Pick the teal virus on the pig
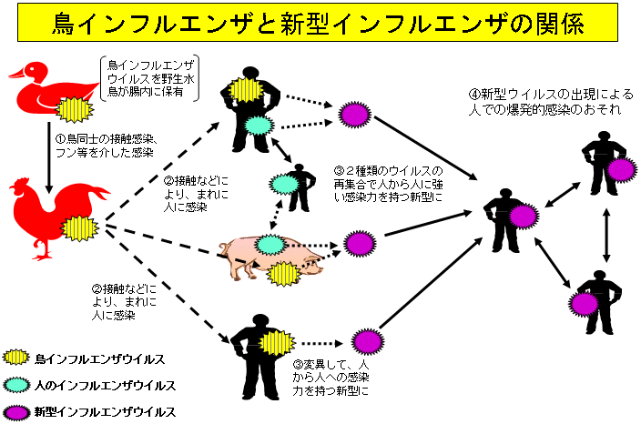(270, 244)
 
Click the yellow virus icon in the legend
(16, 357)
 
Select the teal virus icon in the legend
(16, 384)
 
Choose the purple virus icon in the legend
(16, 411)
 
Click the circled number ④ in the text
(475, 95)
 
